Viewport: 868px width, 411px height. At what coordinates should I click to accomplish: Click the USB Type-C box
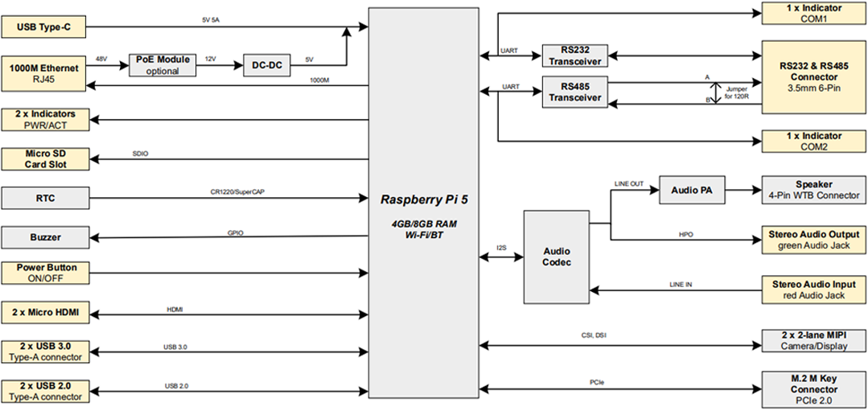pos(44,28)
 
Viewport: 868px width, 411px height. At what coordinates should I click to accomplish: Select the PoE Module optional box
pos(162,65)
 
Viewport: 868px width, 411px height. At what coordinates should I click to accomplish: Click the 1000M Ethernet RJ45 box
pos(44,73)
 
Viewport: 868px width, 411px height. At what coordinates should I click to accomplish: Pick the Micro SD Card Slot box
pos(44,158)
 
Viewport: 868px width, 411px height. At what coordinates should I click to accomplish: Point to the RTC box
pos(44,197)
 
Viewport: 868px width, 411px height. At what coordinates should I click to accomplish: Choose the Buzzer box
pos(44,237)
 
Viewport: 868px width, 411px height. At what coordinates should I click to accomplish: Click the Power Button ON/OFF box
pos(44,273)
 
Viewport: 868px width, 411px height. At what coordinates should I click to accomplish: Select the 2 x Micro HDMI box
pos(44,312)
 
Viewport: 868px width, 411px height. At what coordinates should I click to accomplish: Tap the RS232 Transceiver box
pos(575,55)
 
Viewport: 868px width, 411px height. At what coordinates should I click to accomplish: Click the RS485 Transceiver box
pos(575,91)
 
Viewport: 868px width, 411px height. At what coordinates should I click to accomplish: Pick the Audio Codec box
pos(556,257)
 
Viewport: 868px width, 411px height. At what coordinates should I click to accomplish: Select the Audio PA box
pos(691,191)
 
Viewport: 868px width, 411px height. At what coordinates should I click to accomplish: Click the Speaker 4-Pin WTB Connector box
pos(812,190)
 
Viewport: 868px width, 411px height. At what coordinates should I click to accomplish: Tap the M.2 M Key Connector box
pos(812,388)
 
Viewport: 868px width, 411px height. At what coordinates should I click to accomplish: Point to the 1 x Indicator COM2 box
pos(812,142)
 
